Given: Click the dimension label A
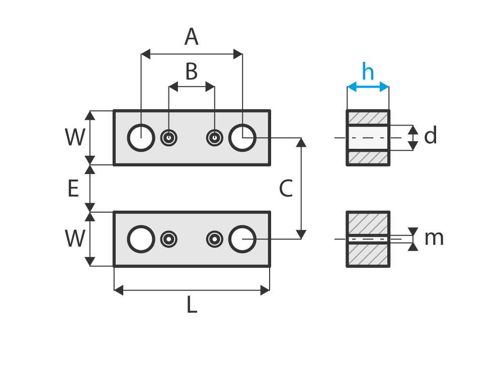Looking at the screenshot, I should pos(191,38).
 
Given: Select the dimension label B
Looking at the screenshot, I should pos(191,72).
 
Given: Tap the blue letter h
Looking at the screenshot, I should pos(368,72).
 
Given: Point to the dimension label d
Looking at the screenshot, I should pos(430,136).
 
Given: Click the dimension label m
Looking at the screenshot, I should pos(434,238).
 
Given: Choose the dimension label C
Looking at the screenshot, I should pos(285,190).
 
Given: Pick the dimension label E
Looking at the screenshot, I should pos(73,190).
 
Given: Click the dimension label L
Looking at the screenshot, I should pos(192,305).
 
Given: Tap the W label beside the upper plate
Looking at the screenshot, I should pos(74,138).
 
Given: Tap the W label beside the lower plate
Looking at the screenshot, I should pos(74,239).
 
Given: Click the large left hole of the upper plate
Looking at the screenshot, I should pos(141,138).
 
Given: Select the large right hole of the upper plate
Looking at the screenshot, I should pos(242,138).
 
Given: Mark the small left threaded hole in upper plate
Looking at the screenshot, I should pos(169,138).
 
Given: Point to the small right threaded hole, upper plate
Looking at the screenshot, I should pos(215,138).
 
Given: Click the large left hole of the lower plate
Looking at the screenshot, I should pos(141,239).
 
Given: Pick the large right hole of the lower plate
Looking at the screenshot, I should pos(242,239).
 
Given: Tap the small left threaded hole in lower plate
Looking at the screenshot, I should pos(169,239).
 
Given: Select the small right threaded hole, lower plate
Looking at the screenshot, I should pos(215,239).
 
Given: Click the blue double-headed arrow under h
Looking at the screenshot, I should pos(368,87).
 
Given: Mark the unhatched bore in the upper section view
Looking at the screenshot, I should pos(368,138).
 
